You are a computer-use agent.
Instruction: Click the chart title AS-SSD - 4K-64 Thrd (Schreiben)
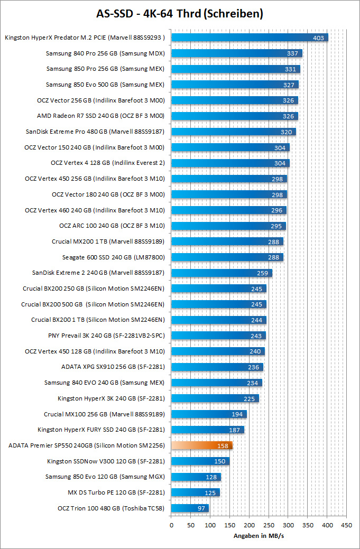coord(180,13)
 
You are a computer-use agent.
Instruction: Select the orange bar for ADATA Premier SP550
coord(202,445)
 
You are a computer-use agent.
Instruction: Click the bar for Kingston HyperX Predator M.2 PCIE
coord(250,38)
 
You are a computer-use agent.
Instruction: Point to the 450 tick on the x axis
coord(347,525)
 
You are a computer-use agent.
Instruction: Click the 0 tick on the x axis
coord(171,525)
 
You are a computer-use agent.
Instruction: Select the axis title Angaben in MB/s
coord(259,536)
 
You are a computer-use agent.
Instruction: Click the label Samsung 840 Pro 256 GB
coord(105,53)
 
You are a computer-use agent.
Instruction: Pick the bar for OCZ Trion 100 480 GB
coord(190,508)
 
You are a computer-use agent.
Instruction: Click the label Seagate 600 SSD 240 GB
coord(113,257)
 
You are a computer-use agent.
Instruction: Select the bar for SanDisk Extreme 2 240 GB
coord(221,273)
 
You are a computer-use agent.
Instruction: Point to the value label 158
coord(223,446)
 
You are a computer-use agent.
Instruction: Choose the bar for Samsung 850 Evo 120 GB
coord(196,477)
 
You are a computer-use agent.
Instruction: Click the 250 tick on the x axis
coord(269,525)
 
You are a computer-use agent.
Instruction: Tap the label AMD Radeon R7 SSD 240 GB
coord(100,116)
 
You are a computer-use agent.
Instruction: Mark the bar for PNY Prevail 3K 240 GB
coord(218,336)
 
